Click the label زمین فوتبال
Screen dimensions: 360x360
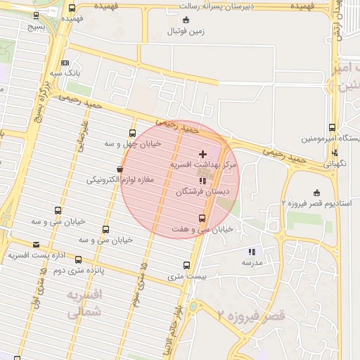point(186,32)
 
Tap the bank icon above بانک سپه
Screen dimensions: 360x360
point(65,62)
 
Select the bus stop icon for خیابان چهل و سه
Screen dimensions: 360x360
point(133,133)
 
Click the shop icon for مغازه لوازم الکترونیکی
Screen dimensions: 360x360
point(120,169)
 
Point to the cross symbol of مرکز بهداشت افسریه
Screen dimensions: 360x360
point(203,153)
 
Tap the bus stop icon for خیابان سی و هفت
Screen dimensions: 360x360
point(202,218)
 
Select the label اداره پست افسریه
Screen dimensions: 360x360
point(32,255)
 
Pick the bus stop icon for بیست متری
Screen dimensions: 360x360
point(186,265)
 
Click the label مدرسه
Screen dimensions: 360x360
point(252,262)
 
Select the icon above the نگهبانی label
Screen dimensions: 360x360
point(335,151)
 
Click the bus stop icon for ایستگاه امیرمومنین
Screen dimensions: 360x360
point(332,128)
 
